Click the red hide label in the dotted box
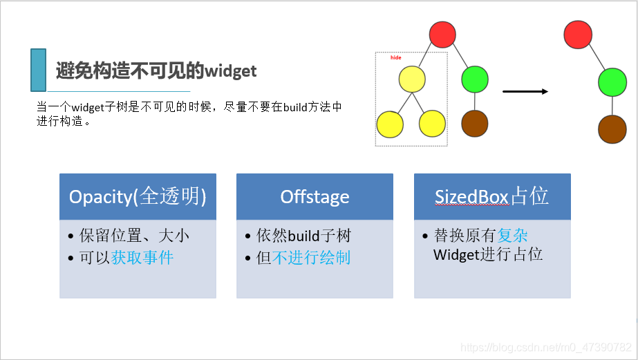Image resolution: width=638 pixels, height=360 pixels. pos(395,58)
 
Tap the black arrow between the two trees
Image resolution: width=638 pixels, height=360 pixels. pos(525,91)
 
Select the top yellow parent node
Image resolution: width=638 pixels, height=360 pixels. pos(412,79)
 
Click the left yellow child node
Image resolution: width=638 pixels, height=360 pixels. pos(390,124)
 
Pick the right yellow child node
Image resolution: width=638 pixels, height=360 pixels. pos(432,124)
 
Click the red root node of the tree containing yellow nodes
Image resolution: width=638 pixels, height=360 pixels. pos(442,35)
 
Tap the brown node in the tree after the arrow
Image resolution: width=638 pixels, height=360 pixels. pos(612,129)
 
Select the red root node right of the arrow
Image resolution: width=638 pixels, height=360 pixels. pos(577,35)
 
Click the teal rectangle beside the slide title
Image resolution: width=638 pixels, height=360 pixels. pos(39,70)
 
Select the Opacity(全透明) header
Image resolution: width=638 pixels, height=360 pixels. pos(138,197)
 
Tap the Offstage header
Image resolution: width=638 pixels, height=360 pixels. pos(315,197)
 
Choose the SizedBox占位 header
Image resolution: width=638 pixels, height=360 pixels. pos(491,197)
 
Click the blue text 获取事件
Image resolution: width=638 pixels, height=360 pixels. pos(142,258)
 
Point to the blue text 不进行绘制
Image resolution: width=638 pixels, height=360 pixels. pos(312,258)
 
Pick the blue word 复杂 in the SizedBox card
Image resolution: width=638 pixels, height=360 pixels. pos(512,236)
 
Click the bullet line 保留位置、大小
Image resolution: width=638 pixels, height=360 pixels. pos(134,236)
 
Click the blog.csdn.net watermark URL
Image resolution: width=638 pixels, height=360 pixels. pos(546,347)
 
